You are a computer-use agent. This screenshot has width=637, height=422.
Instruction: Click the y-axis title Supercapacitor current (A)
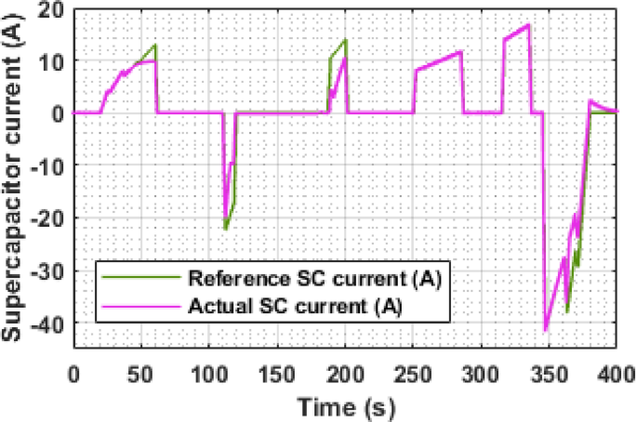pos(17,177)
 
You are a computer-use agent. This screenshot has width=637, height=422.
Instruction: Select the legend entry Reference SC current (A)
pos(313,279)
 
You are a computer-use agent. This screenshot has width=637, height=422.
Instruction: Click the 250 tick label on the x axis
pos(413,374)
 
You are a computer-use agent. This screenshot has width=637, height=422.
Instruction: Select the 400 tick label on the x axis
pos(617,374)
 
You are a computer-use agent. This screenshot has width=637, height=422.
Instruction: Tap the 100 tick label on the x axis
pos(209,374)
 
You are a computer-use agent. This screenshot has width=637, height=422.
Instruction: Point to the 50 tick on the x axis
pos(141,374)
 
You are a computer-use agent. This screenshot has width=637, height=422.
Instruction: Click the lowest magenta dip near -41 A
pos(546,329)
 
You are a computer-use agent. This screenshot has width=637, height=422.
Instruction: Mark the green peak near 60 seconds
pos(155,45)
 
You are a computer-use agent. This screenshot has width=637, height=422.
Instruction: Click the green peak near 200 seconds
pos(345,39)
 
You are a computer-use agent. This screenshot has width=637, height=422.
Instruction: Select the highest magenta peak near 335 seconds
pos(528,24)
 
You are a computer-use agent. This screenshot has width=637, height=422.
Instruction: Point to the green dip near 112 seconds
pos(226,229)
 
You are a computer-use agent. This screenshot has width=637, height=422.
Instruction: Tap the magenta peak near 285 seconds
pos(460,52)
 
